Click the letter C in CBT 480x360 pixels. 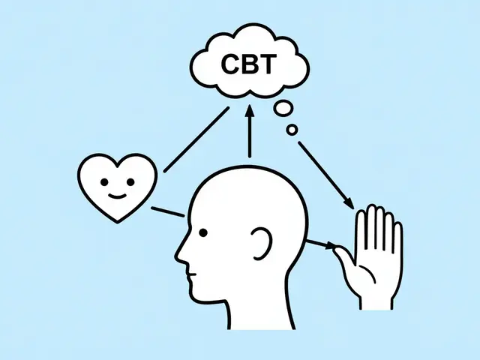click(230, 64)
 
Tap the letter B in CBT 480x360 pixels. click(249, 64)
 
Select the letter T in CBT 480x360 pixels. click(268, 64)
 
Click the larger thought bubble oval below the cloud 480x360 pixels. click(283, 109)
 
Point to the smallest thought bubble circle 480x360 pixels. click(292, 130)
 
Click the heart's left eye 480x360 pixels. click(104, 182)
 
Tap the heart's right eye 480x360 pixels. click(130, 182)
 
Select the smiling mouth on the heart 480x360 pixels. click(118, 196)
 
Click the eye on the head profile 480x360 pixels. click(203, 233)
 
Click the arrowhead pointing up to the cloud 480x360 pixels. click(250, 111)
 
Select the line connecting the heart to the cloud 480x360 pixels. click(196, 139)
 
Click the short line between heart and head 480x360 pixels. click(168, 211)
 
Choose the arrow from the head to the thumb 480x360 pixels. click(322, 244)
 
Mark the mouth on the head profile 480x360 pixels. click(192, 274)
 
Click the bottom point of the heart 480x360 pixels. click(118, 222)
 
